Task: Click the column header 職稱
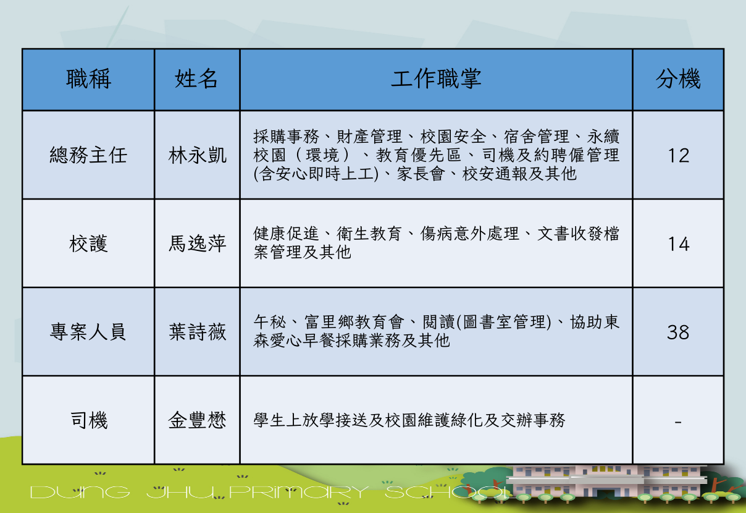click(88, 78)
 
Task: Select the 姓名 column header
click(196, 78)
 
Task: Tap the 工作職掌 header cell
click(436, 78)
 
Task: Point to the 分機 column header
click(678, 78)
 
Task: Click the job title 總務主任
click(88, 155)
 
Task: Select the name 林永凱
click(197, 155)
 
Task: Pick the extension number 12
click(679, 156)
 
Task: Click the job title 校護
click(88, 244)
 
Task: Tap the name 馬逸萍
click(197, 244)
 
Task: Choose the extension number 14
click(679, 244)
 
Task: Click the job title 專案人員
click(88, 332)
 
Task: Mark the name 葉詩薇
click(197, 332)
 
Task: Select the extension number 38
click(678, 333)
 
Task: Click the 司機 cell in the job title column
click(88, 420)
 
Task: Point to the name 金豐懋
click(197, 420)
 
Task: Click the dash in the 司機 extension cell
click(678, 423)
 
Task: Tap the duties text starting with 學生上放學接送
click(409, 420)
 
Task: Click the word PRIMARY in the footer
click(299, 492)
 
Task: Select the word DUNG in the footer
click(80, 492)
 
